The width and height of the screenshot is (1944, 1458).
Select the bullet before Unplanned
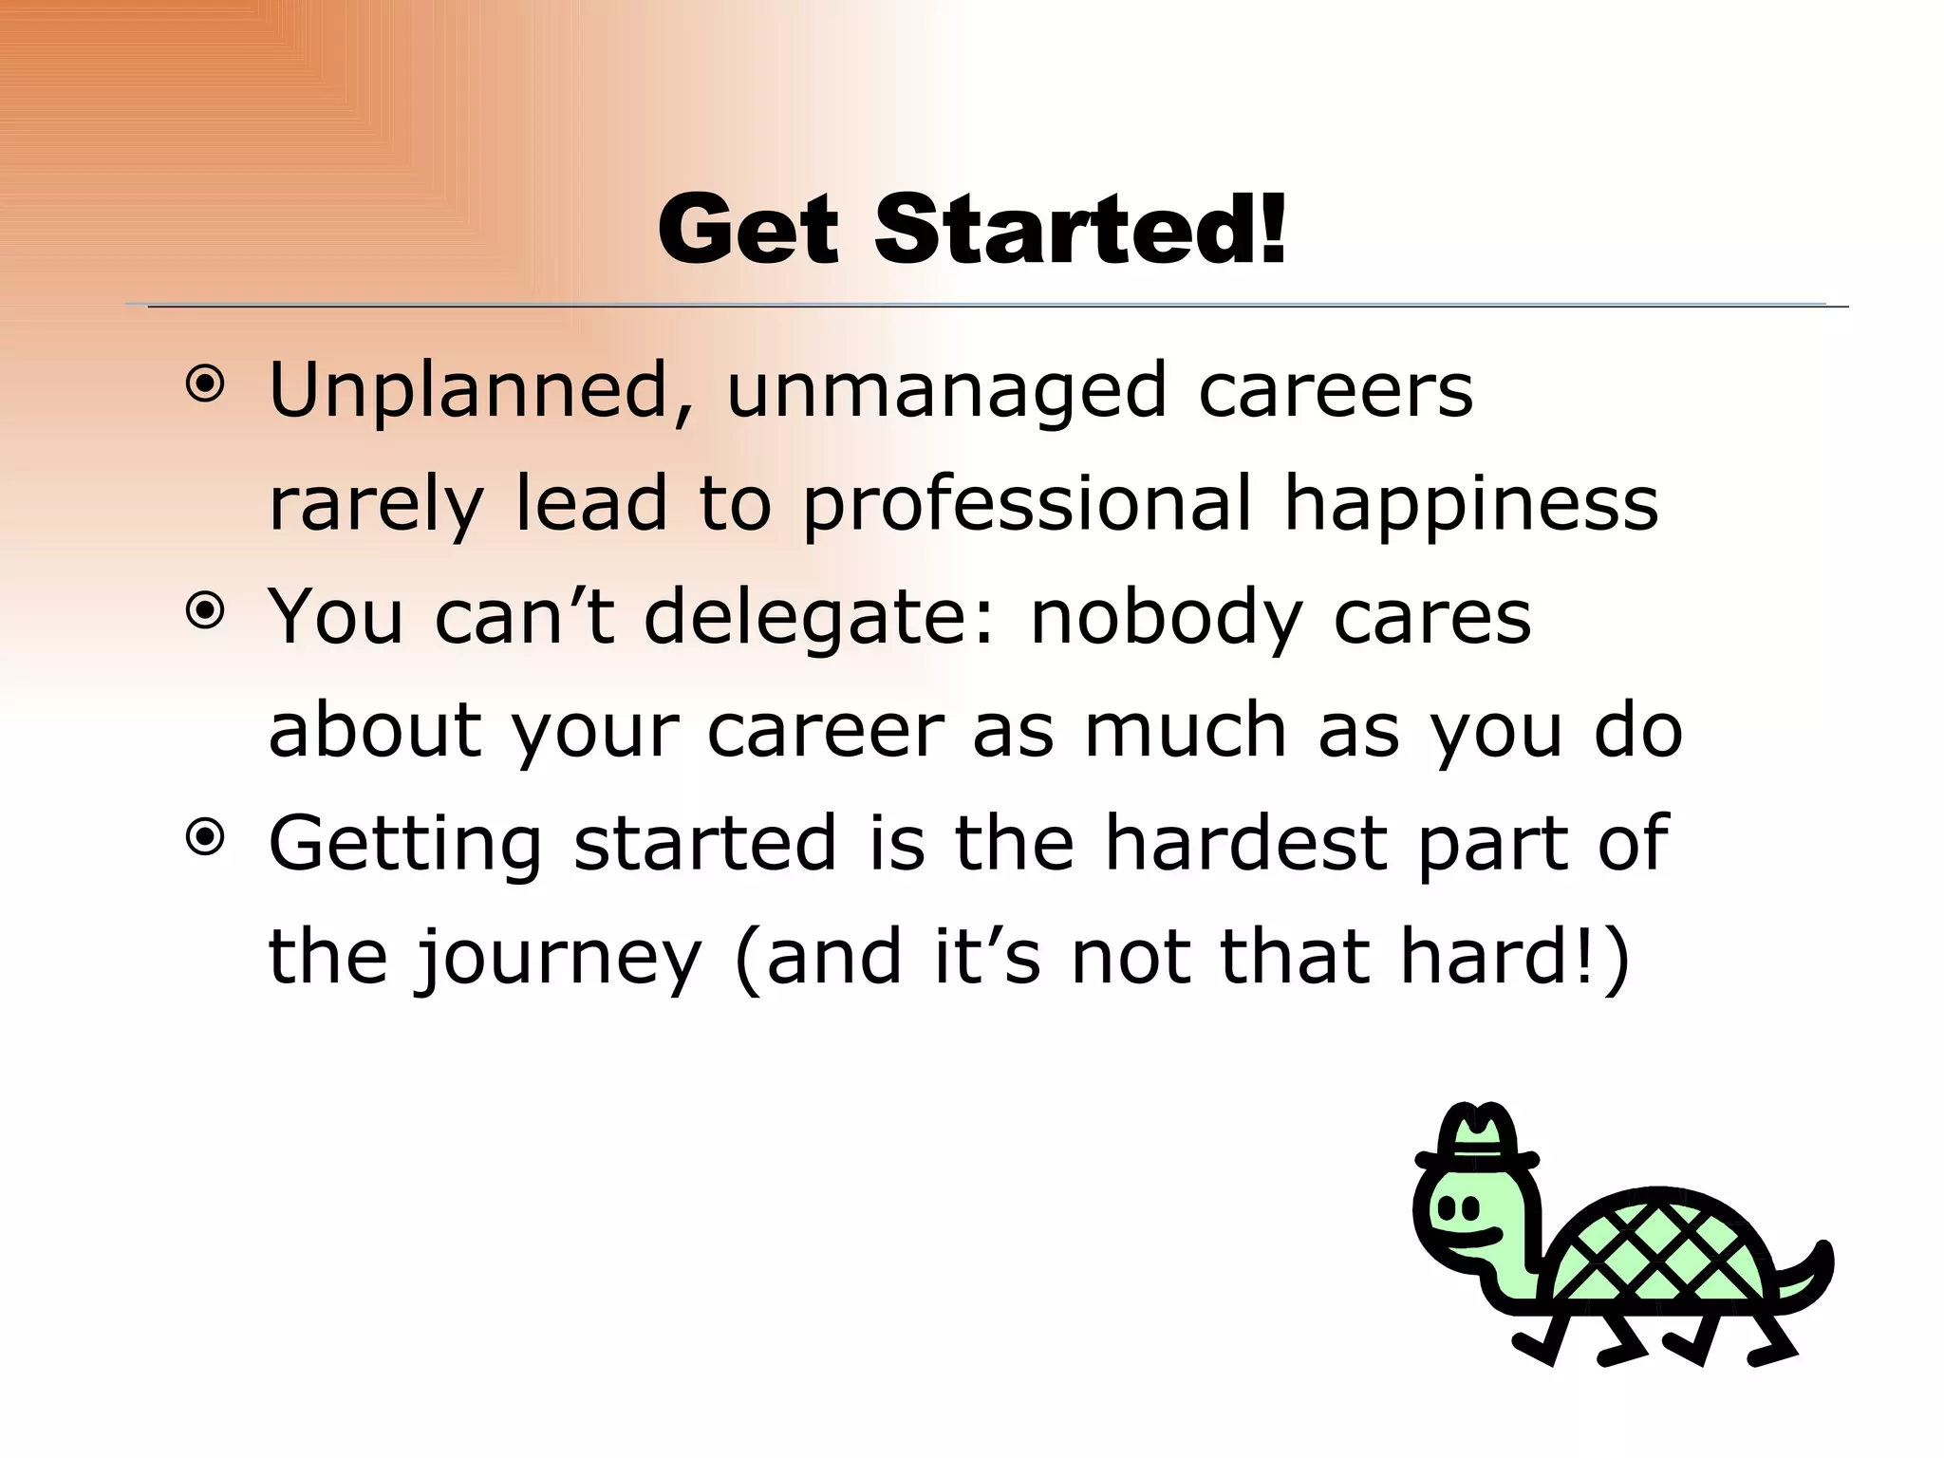point(205,385)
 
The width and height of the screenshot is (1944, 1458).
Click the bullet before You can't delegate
point(205,612)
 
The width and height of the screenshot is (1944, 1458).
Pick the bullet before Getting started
point(205,838)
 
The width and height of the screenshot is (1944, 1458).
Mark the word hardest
point(1244,842)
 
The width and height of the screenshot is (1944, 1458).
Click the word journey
point(558,960)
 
